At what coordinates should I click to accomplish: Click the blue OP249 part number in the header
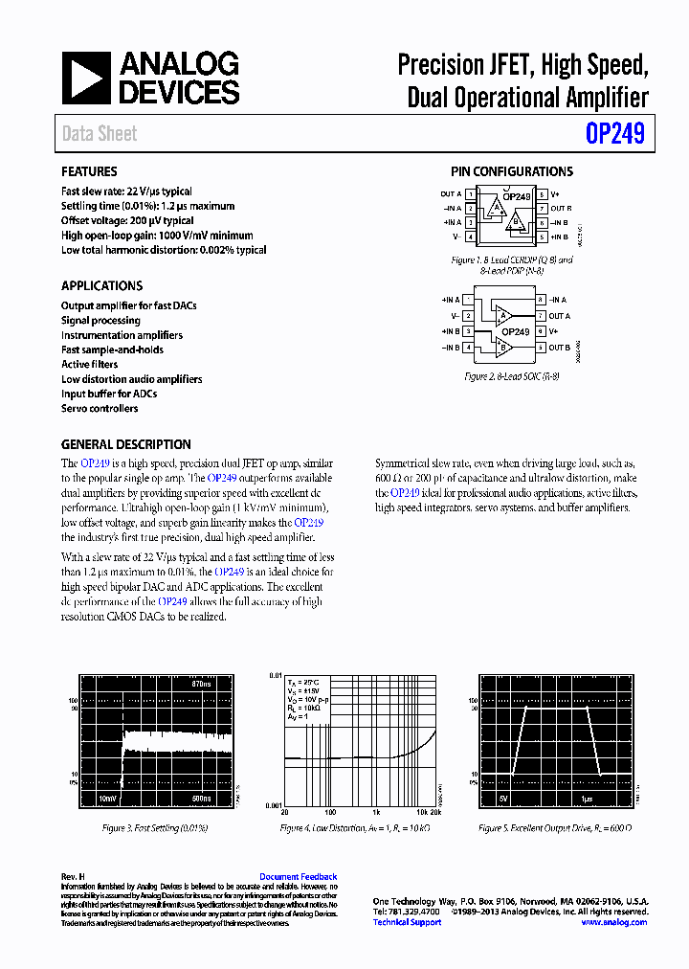coord(614,133)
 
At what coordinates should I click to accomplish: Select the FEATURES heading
coord(89,172)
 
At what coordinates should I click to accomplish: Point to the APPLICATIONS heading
coord(101,286)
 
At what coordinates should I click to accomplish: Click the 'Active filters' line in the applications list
coord(90,365)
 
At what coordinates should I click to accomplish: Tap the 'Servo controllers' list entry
coord(100,409)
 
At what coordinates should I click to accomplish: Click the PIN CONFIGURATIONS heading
coord(512,172)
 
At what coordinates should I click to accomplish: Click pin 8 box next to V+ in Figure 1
coord(542,194)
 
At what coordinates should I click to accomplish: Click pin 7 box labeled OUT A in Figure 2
coord(541,315)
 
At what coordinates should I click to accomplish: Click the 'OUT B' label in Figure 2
coord(560,348)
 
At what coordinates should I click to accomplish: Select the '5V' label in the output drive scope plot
coord(503,797)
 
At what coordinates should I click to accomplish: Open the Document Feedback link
coord(298,877)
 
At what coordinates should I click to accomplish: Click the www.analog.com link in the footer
coord(613,922)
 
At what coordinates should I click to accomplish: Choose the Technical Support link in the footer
coord(407,922)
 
